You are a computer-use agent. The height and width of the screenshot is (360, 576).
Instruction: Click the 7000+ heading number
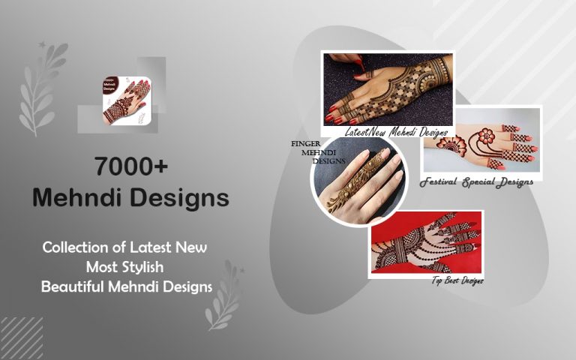(x=130, y=166)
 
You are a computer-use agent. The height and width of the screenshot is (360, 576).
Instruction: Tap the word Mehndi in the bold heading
(x=79, y=198)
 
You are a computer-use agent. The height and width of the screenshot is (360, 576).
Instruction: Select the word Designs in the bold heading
(x=179, y=198)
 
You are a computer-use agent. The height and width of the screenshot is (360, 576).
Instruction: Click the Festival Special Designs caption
(x=476, y=181)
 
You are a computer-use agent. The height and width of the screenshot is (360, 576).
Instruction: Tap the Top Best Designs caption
(x=457, y=280)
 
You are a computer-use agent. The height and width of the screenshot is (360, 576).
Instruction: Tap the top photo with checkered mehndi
(x=388, y=88)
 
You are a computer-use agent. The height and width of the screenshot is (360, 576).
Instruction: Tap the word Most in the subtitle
(x=103, y=266)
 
